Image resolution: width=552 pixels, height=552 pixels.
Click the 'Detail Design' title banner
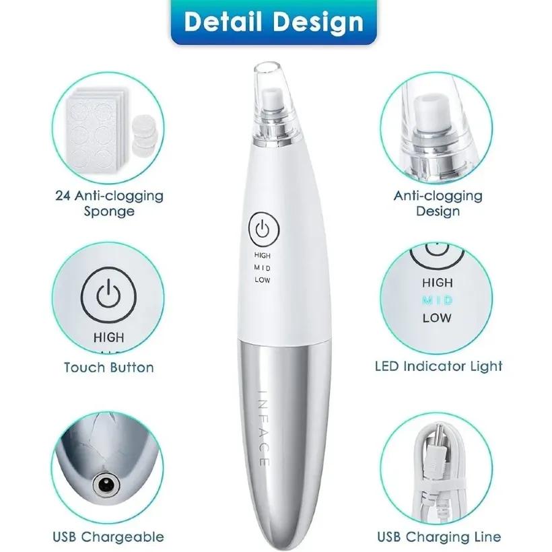273,22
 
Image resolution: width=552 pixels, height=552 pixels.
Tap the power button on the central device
264,229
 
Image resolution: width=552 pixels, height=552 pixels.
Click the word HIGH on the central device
263,255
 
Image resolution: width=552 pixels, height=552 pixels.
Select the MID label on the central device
263,268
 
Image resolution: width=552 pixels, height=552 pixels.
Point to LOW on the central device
263,280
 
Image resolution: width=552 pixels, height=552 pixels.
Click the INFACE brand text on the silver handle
264,428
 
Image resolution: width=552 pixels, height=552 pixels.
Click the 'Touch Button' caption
109,368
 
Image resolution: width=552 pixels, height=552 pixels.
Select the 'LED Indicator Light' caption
438,366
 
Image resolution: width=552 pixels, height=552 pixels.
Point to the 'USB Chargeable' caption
108,537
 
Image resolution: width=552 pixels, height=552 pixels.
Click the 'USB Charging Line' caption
439,537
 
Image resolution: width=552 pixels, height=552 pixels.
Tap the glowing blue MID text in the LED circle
437,300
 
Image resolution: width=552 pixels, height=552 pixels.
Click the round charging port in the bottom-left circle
106,487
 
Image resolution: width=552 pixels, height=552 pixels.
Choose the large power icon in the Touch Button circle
108,294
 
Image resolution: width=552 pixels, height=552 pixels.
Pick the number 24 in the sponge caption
64,195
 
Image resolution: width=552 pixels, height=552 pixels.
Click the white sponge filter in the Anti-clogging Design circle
426,112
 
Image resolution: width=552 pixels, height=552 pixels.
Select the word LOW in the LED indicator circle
437,318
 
